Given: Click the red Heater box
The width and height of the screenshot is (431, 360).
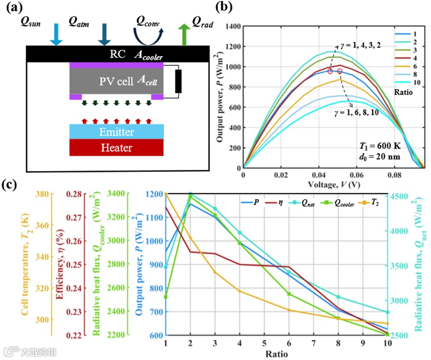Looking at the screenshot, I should click(117, 147).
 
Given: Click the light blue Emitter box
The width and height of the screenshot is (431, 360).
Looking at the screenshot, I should click(117, 132).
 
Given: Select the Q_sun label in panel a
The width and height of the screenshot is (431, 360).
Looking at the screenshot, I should click(30, 23).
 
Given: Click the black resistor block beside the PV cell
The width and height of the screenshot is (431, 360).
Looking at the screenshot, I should click(178, 82).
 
